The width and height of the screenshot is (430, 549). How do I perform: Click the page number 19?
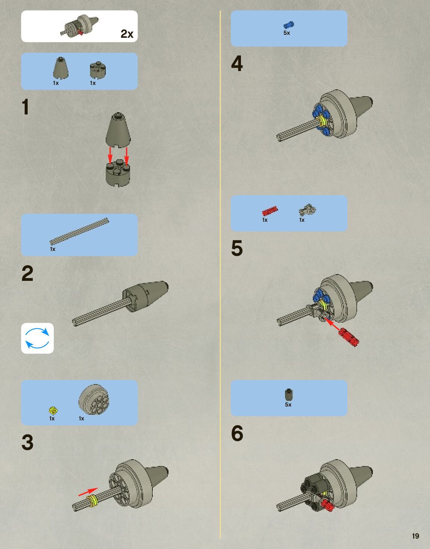pyautogui.click(x=415, y=536)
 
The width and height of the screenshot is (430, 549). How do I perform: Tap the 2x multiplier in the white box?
pyautogui.click(x=127, y=34)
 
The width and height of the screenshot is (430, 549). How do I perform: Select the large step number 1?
pyautogui.click(x=25, y=107)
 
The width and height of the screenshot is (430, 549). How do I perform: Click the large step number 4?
pyautogui.click(x=237, y=64)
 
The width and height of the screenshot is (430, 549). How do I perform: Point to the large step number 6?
pyautogui.click(x=237, y=433)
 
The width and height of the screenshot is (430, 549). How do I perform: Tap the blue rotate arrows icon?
pyautogui.click(x=37, y=338)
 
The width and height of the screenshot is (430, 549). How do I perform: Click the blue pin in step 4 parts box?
pyautogui.click(x=289, y=25)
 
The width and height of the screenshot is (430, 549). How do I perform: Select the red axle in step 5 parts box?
pyautogui.click(x=270, y=211)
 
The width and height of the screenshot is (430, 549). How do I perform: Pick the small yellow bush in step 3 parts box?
pyautogui.click(x=53, y=411)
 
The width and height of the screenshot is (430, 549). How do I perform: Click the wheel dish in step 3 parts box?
pyautogui.click(x=94, y=400)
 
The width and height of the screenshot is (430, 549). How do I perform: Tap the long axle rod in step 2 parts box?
pyautogui.click(x=79, y=231)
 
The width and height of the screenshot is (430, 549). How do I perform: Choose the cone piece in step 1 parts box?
pyautogui.click(x=61, y=68)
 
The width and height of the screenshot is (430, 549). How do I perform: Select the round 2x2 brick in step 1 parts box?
pyautogui.click(x=98, y=70)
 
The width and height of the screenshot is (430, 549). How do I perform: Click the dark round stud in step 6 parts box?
pyautogui.click(x=289, y=395)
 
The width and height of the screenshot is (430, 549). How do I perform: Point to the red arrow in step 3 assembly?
pyautogui.click(x=88, y=492)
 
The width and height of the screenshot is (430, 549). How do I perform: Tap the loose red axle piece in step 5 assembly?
pyautogui.click(x=349, y=337)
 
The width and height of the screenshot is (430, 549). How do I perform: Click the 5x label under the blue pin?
pyautogui.click(x=287, y=33)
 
